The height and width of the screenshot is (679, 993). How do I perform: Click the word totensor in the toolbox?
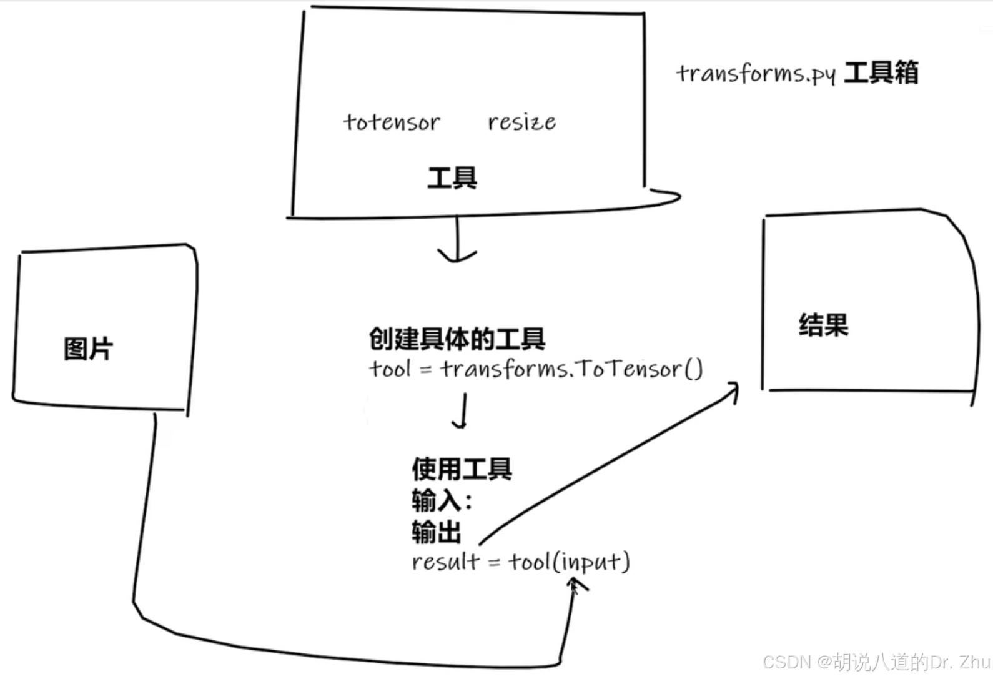tap(392, 122)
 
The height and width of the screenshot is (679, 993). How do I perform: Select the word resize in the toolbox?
tap(521, 122)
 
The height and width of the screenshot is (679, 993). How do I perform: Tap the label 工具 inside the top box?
tap(452, 178)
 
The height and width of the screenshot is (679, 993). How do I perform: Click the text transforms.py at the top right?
tap(756, 74)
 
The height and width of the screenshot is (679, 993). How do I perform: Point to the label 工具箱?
tap(881, 73)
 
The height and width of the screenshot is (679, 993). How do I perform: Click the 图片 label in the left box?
tap(88, 349)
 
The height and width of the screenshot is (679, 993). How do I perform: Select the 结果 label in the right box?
tap(823, 325)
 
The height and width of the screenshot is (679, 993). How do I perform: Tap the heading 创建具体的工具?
tap(457, 339)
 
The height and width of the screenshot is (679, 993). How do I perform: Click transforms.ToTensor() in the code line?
tap(571, 369)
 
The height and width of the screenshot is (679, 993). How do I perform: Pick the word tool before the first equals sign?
tap(390, 369)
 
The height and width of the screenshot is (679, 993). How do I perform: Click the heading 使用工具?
tap(462, 468)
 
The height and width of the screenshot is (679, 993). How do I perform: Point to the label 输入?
tap(441, 500)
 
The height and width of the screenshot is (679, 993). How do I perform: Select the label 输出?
tap(436, 532)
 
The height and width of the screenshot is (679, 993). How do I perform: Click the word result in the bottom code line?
tap(445, 562)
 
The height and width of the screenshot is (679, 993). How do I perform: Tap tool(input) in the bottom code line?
tap(568, 562)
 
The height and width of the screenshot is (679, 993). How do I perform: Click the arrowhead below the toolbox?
tap(457, 256)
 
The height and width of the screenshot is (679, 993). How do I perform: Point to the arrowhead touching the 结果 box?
tap(733, 390)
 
